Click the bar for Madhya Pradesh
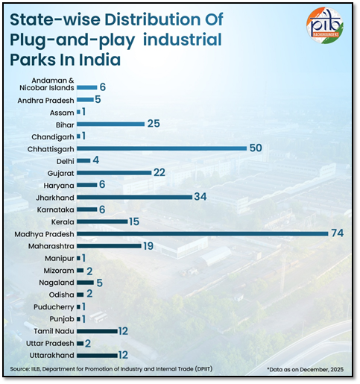point(202,233)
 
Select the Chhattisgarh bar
point(161,148)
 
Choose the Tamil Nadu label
point(52,330)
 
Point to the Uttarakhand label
point(49,355)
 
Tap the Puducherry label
point(52,306)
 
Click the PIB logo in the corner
point(325,25)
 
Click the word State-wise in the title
point(50,20)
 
